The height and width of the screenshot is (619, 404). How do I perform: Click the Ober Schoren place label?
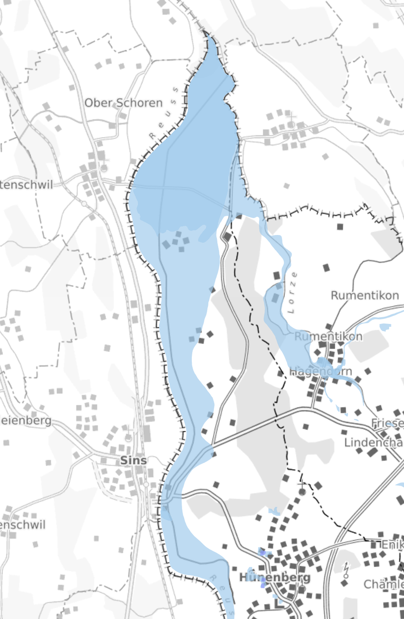click(x=123, y=103)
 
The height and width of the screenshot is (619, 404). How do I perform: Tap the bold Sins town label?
click(x=133, y=460)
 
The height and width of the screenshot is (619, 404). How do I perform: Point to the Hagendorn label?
click(x=321, y=371)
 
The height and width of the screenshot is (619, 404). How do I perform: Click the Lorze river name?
click(x=292, y=293)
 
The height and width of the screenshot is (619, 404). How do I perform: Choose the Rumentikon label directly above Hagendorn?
click(x=328, y=336)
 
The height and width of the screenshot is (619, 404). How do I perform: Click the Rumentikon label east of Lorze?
click(x=367, y=295)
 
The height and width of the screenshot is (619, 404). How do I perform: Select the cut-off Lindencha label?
click(x=374, y=442)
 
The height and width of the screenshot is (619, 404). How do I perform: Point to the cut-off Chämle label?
click(x=383, y=584)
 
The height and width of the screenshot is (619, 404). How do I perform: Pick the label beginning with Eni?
click(x=392, y=545)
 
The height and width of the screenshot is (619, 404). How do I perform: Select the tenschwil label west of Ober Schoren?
click(x=26, y=184)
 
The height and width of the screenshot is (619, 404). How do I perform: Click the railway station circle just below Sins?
click(x=146, y=484)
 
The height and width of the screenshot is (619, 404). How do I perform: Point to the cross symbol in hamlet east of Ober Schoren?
click(x=291, y=117)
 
